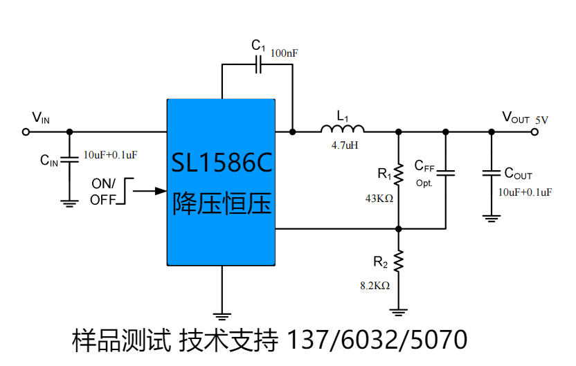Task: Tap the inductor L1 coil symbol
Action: [342, 129]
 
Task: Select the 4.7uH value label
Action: [344, 146]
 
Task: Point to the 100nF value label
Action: [284, 53]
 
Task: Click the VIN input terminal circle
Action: [26, 131]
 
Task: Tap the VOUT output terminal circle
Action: [534, 131]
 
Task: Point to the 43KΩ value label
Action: [379, 199]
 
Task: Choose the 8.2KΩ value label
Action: [375, 285]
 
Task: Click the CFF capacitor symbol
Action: [445, 172]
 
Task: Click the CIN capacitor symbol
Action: [69, 160]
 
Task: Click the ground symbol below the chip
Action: [222, 315]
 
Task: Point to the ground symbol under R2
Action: [398, 311]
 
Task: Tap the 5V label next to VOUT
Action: [541, 120]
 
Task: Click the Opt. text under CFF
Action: [424, 183]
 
